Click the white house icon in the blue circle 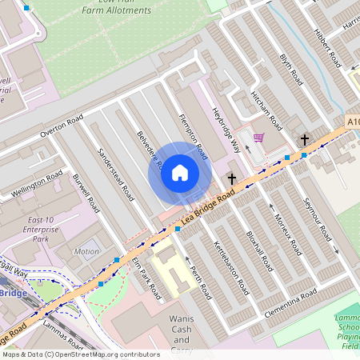point(180,172)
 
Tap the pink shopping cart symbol point(258,138)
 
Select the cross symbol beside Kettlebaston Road point(232,178)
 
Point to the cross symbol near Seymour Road point(304,140)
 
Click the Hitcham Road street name point(266,110)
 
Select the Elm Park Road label point(147,278)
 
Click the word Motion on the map point(86,252)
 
